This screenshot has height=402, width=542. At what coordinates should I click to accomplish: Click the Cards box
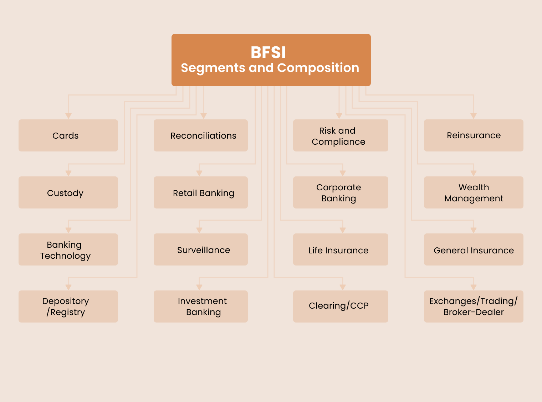(68, 135)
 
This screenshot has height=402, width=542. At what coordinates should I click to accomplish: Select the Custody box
(68, 192)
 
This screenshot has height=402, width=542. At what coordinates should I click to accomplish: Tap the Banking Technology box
(68, 249)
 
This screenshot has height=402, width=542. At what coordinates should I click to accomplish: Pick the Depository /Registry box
(68, 306)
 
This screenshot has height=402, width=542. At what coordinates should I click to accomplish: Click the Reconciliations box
(200, 135)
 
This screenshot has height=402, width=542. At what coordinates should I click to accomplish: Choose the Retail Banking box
(200, 192)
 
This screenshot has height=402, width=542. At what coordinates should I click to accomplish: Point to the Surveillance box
(200, 249)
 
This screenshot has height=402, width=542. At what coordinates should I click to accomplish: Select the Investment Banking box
(200, 306)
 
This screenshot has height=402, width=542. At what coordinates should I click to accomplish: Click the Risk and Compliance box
(341, 135)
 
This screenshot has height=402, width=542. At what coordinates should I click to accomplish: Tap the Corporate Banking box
(341, 192)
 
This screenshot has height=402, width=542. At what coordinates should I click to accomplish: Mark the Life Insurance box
(341, 249)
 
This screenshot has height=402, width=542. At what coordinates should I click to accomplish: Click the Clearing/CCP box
(341, 306)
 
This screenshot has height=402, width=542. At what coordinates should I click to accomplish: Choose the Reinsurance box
(474, 135)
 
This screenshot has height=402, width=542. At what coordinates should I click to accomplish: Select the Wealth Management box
(474, 192)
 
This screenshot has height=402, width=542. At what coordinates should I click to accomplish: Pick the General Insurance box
(474, 249)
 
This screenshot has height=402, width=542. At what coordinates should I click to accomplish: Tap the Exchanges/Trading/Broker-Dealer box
(474, 306)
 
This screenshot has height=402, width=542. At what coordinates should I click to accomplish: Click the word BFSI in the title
(268, 53)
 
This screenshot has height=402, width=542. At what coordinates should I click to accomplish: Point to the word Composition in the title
(318, 68)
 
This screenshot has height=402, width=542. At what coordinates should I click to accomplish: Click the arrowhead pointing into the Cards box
(68, 116)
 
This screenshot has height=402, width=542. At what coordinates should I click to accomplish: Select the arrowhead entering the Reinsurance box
(474, 116)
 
